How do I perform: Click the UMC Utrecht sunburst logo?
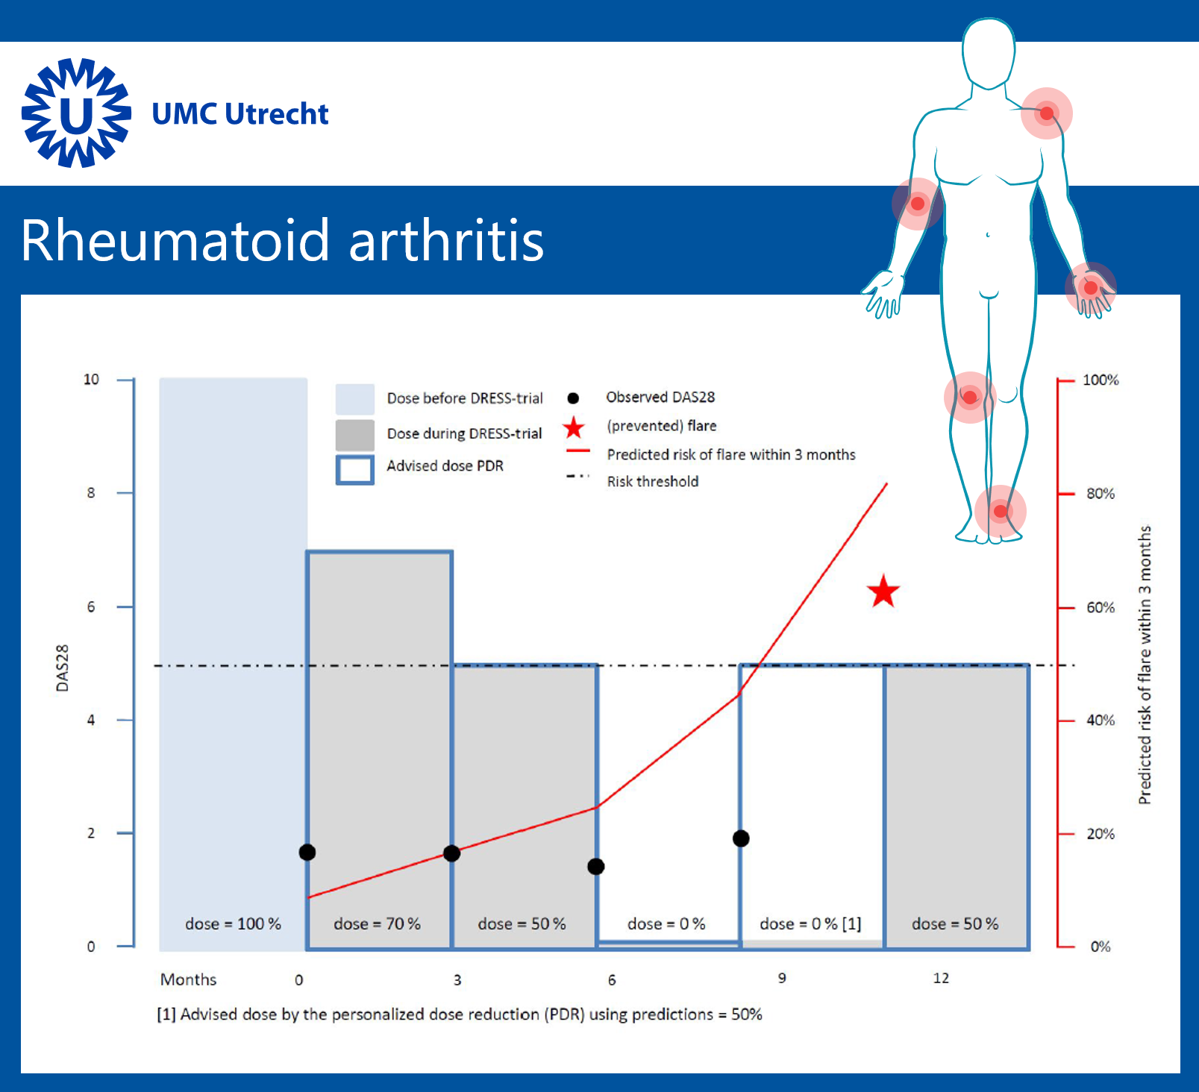point(76,113)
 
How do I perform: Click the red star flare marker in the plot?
point(884,591)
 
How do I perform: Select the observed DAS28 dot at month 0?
point(307,852)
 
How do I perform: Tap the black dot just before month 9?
point(741,838)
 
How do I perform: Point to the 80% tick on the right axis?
point(1065,493)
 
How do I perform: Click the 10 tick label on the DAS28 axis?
point(91,379)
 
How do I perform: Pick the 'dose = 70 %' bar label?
point(377,923)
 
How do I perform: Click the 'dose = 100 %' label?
point(233,923)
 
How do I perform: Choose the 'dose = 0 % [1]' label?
point(810,923)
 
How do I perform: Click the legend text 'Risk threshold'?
point(653,481)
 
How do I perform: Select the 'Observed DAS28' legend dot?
point(573,398)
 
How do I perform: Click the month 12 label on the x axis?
point(941,978)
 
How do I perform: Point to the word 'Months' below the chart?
point(188,979)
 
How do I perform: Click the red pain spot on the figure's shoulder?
point(1047,113)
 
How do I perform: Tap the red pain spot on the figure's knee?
point(970,397)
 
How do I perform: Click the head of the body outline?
point(989,52)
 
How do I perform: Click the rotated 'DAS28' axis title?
point(63,668)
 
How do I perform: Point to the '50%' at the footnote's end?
point(747,1014)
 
